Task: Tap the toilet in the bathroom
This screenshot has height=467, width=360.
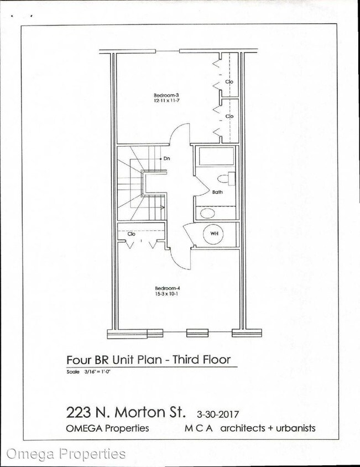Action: click(x=226, y=178)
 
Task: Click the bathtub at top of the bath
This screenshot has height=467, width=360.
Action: click(x=215, y=157)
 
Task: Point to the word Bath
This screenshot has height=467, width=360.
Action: click(x=217, y=193)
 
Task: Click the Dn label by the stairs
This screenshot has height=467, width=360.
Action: click(x=166, y=158)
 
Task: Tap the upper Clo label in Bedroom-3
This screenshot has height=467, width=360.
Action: click(x=229, y=81)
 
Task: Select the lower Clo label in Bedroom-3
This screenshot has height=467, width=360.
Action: click(x=229, y=117)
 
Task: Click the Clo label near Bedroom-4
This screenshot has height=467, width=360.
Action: click(x=132, y=234)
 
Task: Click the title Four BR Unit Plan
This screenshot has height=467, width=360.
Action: click(x=152, y=360)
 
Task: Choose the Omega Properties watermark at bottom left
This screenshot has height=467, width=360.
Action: click(x=65, y=454)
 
